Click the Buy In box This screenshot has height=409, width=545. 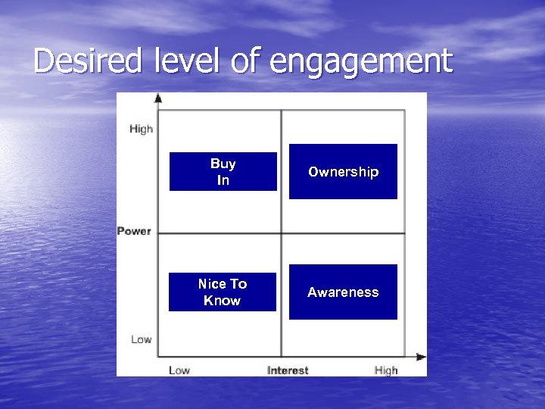tap(223, 172)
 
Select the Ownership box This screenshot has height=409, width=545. tap(343, 172)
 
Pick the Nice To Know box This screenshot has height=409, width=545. tap(223, 292)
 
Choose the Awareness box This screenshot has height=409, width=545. tap(343, 292)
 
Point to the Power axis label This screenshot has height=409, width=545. tap(134, 231)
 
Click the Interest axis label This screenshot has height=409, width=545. tap(288, 370)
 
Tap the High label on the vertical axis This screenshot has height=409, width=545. tap(141, 129)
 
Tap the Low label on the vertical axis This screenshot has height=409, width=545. tap(141, 339)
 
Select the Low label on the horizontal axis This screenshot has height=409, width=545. tap(179, 370)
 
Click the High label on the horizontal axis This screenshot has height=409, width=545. tap(386, 370)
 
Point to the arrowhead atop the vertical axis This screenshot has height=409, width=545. tap(158, 98)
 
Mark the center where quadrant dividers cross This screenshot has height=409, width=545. tap(282, 233)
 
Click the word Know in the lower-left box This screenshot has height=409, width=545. tap(223, 301)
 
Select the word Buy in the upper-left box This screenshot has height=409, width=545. tap(223, 164)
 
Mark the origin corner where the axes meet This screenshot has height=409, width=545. tap(158, 357)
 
